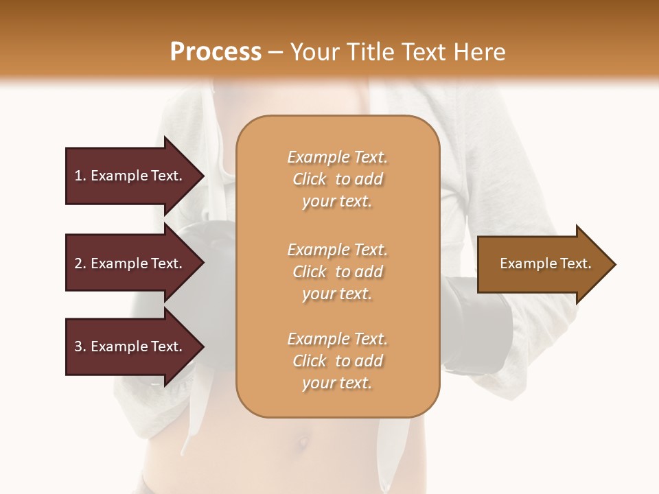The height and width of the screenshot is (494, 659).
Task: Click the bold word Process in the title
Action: [216, 52]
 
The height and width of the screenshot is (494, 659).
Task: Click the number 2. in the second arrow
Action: [80, 263]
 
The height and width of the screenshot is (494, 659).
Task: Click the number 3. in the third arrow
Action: [80, 346]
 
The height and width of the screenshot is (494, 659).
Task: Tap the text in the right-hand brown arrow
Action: [545, 263]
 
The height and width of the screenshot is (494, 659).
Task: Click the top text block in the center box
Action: [337, 179]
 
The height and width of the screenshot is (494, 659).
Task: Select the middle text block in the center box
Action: [337, 271]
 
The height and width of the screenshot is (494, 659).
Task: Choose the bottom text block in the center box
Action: [337, 361]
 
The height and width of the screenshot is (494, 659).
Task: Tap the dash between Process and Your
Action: [276, 52]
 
